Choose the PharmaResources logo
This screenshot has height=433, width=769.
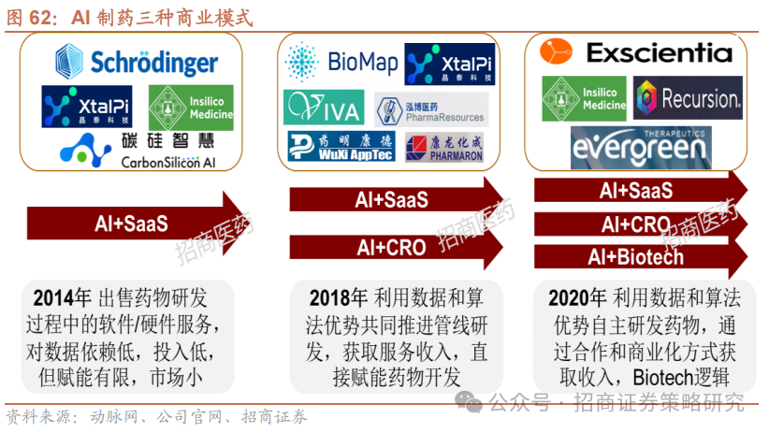coord(431,110)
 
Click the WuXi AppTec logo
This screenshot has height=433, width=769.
coord(341,147)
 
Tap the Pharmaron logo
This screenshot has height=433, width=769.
coord(444,147)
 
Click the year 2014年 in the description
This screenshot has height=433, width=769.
coord(62,298)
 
